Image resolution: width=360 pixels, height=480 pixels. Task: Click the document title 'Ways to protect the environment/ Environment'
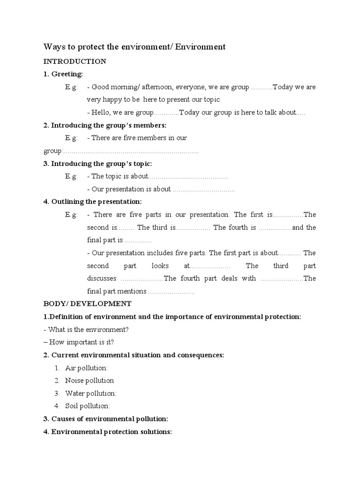coord(135,47)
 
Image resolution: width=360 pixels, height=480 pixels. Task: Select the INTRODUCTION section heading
coord(75,61)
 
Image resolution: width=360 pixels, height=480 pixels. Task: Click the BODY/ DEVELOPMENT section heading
coord(88,304)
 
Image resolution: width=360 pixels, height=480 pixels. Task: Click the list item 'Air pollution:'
coord(86,368)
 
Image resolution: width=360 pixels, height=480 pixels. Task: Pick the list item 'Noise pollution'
coord(89,381)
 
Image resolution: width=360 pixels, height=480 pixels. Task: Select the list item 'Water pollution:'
coord(90,393)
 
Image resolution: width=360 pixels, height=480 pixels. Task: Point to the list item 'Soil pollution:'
coord(88,406)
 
